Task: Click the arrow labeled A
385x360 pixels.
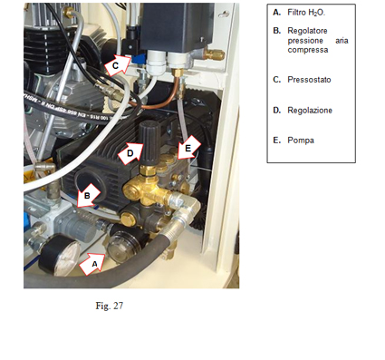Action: point(92,264)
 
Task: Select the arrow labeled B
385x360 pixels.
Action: point(88,196)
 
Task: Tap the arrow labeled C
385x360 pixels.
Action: point(118,64)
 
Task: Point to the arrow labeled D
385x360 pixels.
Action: point(130,153)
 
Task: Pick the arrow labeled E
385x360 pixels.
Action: point(188,147)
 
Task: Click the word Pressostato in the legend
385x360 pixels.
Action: point(309,80)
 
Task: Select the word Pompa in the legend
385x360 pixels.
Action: point(301,141)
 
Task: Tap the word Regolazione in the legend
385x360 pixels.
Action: point(310,111)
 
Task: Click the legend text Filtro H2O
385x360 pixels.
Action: point(306,13)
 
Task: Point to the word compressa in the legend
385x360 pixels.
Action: point(308,50)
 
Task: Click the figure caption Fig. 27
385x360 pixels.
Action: point(110,306)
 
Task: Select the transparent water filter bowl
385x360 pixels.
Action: point(123,247)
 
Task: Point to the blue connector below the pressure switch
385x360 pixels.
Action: point(138,60)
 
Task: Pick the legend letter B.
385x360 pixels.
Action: point(276,31)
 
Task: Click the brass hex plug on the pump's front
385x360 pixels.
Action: point(128,219)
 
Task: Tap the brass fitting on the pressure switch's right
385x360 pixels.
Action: point(214,54)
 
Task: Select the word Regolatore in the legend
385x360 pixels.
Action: point(307,31)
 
